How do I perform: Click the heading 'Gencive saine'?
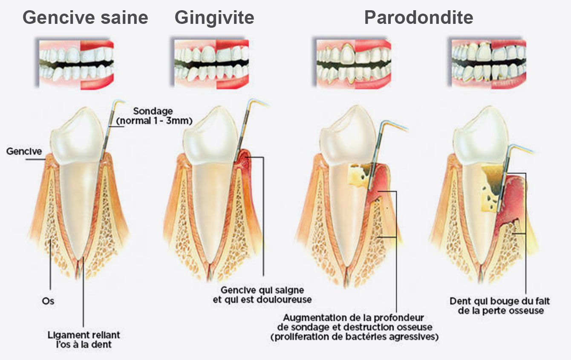85,17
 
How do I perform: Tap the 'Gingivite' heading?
214,18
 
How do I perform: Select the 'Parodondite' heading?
418,17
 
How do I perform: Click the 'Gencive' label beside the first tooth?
24,151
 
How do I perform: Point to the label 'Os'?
48,301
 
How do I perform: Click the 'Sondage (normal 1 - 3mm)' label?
154,116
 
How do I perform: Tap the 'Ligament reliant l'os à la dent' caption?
84,340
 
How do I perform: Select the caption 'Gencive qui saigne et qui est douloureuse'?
262,295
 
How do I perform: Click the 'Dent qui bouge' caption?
499,306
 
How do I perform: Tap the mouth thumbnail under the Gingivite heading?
211,64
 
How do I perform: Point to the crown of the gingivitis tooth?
211,136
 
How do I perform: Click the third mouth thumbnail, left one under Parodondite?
354,64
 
